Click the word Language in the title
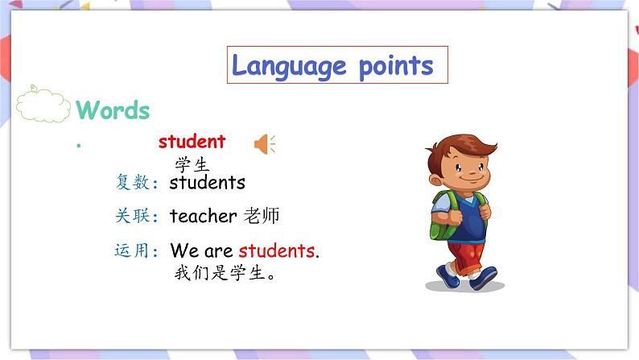(x=278, y=66)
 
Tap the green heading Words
(x=113, y=110)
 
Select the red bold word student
(x=192, y=142)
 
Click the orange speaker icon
(x=264, y=144)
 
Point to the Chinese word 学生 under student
(x=192, y=165)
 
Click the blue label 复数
(x=132, y=183)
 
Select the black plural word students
(x=207, y=182)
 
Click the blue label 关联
(x=132, y=216)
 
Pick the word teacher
(x=203, y=216)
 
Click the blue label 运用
(x=132, y=250)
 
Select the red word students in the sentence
(x=276, y=250)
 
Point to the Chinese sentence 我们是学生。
(x=226, y=273)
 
